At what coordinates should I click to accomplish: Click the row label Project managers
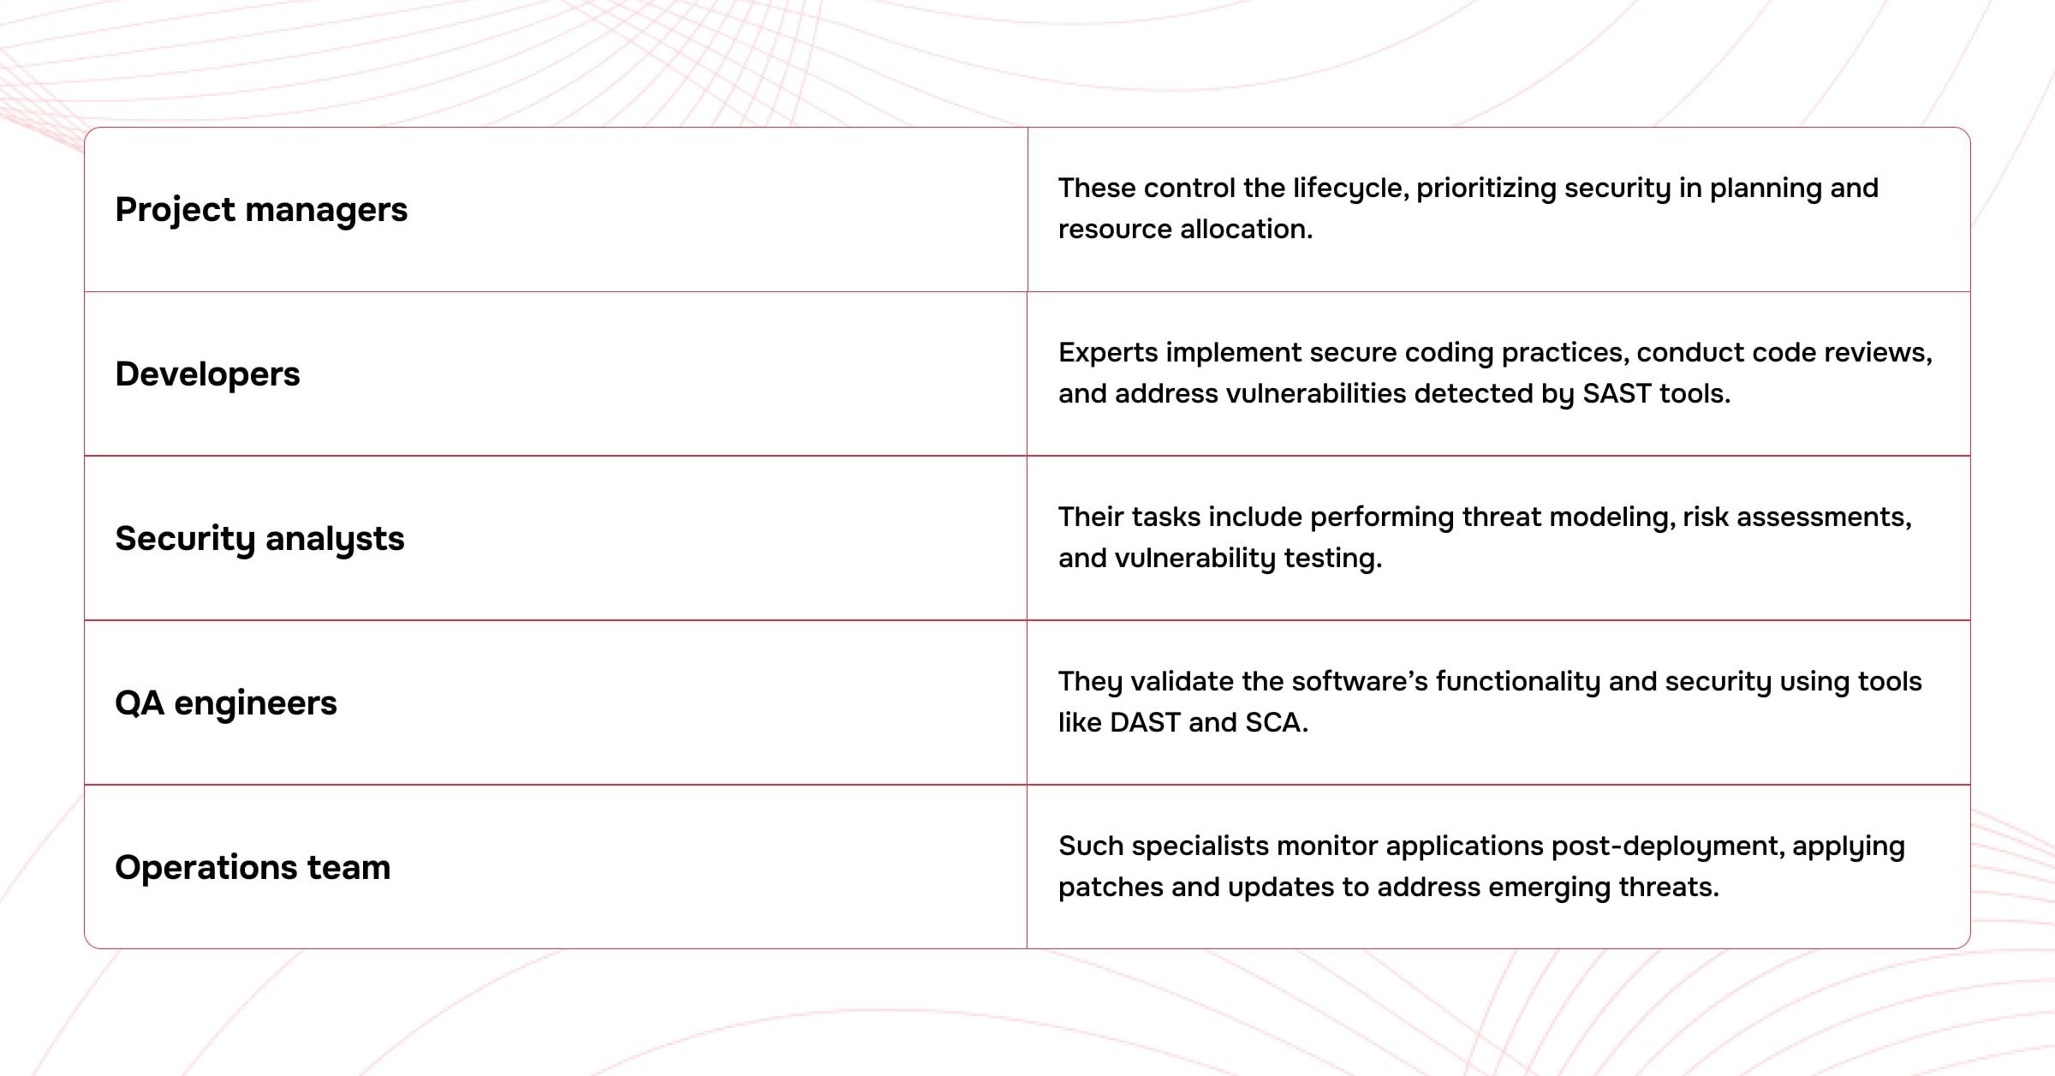pos(261,211)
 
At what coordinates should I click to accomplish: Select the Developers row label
pos(207,375)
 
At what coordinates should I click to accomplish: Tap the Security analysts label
pos(259,540)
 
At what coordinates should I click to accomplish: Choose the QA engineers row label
pos(226,704)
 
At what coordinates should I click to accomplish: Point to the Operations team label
pos(253,868)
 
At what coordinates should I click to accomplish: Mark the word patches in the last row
pos(1111,888)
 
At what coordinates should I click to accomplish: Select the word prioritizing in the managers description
pos(1486,189)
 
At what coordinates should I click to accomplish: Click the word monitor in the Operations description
pos(1327,846)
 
